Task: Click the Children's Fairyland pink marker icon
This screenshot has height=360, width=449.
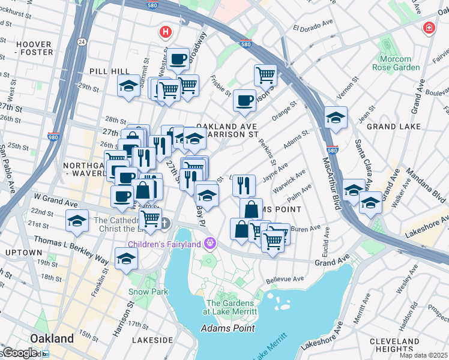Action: click(x=209, y=244)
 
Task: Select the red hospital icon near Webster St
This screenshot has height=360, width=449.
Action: click(x=163, y=31)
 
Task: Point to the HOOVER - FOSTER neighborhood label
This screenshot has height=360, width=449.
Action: click(x=34, y=49)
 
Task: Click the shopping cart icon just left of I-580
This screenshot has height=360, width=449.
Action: click(x=265, y=75)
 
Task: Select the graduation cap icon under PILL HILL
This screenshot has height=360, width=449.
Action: click(x=128, y=86)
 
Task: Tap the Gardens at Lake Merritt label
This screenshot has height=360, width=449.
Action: click(x=231, y=307)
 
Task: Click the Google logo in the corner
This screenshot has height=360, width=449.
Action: click(x=19, y=353)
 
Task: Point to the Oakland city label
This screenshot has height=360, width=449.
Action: click(x=52, y=338)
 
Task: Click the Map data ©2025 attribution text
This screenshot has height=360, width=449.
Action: click(x=423, y=355)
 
